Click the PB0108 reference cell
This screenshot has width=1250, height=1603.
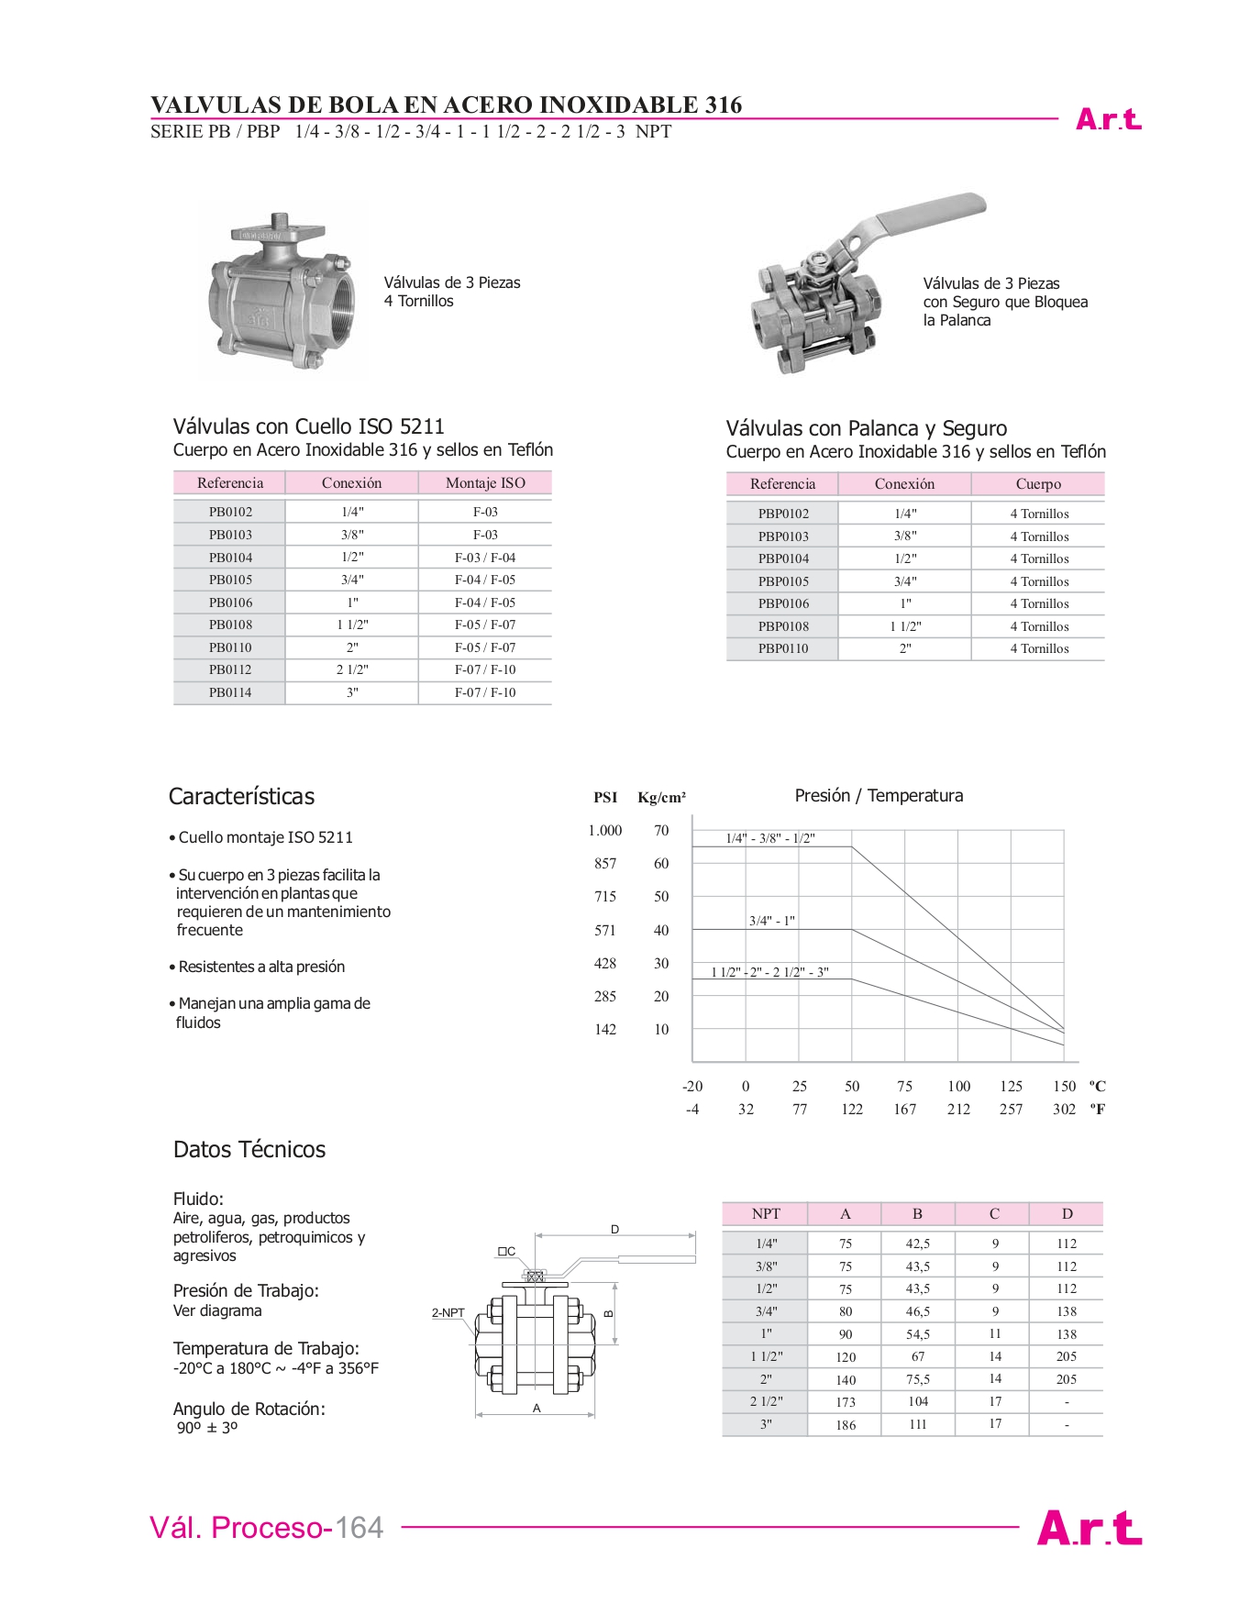(230, 625)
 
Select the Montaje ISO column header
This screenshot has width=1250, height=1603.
(485, 483)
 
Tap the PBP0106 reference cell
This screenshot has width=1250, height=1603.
(783, 603)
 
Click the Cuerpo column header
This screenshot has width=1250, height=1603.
(1038, 484)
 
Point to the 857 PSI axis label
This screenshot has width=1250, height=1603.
(605, 864)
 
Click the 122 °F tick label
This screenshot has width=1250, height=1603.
(852, 1110)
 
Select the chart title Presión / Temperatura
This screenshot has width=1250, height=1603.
(879, 796)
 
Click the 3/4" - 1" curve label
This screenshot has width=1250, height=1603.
(772, 921)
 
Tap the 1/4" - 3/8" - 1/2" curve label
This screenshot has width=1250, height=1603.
(770, 838)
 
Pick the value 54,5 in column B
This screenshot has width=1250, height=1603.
(918, 1334)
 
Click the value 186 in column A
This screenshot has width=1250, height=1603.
(846, 1425)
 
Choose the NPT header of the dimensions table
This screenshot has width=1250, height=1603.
(766, 1214)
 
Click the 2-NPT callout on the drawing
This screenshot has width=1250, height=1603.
(448, 1313)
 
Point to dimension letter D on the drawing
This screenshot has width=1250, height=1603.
(614, 1230)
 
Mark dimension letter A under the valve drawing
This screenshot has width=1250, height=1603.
(537, 1409)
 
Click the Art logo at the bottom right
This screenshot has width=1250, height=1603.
(1089, 1529)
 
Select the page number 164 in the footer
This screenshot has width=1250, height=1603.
(359, 1528)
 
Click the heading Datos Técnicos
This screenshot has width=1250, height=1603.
(249, 1150)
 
